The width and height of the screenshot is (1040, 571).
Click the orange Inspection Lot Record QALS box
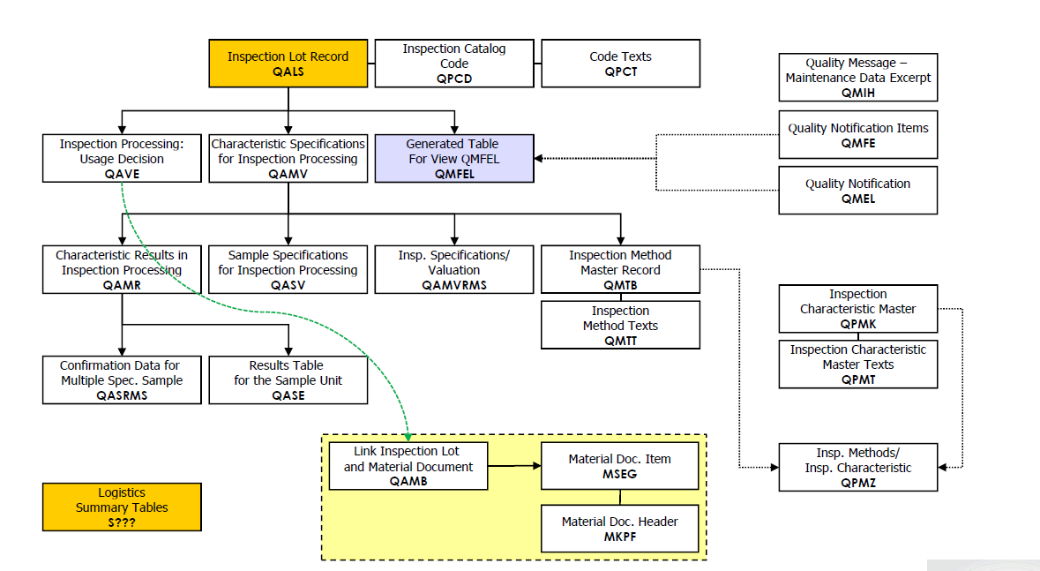288,64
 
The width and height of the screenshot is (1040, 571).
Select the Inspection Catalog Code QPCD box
454,64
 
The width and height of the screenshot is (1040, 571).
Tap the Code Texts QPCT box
620,64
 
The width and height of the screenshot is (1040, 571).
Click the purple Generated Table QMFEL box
454,159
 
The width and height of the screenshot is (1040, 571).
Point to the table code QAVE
122,174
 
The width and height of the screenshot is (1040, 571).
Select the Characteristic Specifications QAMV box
288,159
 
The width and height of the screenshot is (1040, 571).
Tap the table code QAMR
122,285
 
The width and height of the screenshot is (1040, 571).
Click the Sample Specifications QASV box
288,269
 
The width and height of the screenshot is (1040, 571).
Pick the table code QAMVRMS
454,285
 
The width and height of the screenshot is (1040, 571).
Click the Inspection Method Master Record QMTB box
620,269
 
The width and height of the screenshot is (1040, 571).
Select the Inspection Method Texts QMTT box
620,325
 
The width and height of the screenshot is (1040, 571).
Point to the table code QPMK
857,324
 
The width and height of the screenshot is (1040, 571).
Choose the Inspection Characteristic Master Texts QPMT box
857,364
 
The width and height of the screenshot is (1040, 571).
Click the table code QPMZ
857,483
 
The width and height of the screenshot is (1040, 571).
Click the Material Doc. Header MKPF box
620,529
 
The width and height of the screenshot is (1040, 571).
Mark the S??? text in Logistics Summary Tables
122,522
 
